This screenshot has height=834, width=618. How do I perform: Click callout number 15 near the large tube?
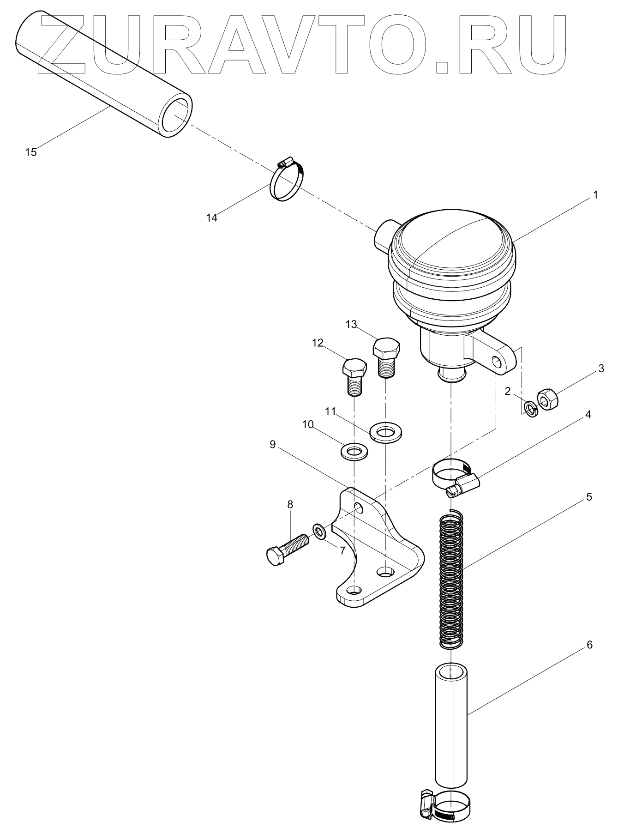click(31, 152)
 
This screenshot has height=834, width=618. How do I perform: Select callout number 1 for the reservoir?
click(595, 195)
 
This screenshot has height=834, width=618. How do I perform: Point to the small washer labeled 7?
click(319, 532)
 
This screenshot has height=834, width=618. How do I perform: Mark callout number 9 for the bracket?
click(272, 444)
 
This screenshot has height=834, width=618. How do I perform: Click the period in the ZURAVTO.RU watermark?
click(442, 66)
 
